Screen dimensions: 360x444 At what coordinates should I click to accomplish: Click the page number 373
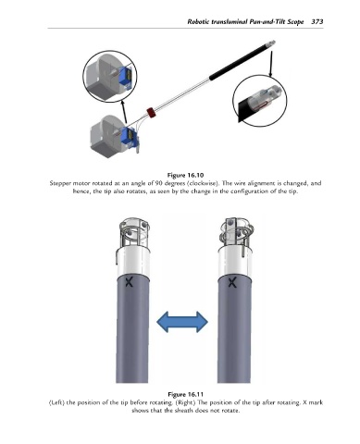tap(317, 21)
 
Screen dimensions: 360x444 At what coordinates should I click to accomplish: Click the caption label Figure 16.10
tap(185, 176)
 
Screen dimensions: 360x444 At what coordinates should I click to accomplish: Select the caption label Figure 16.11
tap(185, 394)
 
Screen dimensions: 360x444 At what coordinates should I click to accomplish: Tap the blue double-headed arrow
tap(182, 322)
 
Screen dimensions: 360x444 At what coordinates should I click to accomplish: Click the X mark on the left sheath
tap(130, 281)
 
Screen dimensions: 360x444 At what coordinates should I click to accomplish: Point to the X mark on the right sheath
tap(232, 282)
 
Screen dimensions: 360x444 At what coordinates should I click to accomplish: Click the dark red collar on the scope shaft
tap(151, 112)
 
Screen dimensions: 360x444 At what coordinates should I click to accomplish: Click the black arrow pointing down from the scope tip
tap(271, 64)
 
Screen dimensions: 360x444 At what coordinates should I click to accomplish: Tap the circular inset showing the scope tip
tap(260, 101)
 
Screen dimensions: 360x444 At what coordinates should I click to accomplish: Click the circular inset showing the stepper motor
tap(110, 77)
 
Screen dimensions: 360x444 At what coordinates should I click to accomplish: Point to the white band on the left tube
tap(133, 261)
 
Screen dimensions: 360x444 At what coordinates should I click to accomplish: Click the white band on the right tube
tap(235, 261)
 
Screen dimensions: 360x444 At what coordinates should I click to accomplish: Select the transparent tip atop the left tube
tap(134, 232)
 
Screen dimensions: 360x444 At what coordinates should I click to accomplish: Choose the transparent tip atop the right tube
tap(237, 232)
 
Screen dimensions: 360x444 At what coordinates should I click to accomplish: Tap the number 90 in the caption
tap(158, 183)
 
